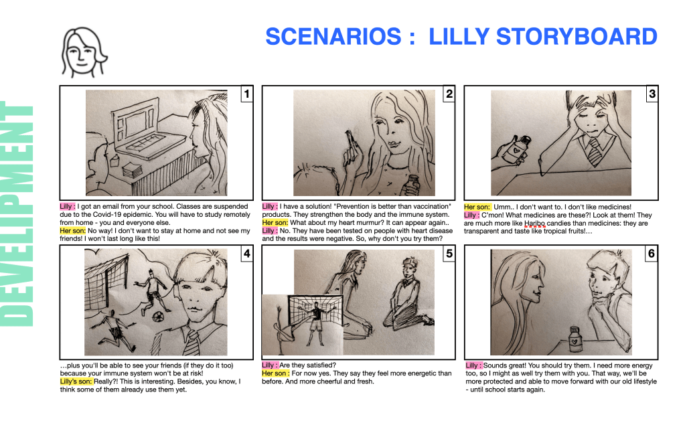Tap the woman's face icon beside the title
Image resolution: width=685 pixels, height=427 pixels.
point(84,52)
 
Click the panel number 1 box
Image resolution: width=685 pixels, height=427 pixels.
point(247,94)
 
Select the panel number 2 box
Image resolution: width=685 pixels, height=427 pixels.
point(449,94)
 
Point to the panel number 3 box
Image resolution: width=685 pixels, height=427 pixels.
point(652,94)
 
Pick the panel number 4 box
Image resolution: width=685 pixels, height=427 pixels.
point(247,254)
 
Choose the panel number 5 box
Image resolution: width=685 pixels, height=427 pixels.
point(449,254)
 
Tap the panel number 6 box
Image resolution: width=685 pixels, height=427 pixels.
point(652,254)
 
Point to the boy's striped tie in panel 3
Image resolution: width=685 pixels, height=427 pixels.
point(594,153)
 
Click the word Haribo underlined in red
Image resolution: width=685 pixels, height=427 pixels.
point(535,223)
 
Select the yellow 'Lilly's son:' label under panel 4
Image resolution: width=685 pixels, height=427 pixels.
point(76,381)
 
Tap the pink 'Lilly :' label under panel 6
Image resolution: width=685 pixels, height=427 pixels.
point(473,365)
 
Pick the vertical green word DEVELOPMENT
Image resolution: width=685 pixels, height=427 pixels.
point(17,214)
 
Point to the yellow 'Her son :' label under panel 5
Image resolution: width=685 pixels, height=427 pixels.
point(276,373)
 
